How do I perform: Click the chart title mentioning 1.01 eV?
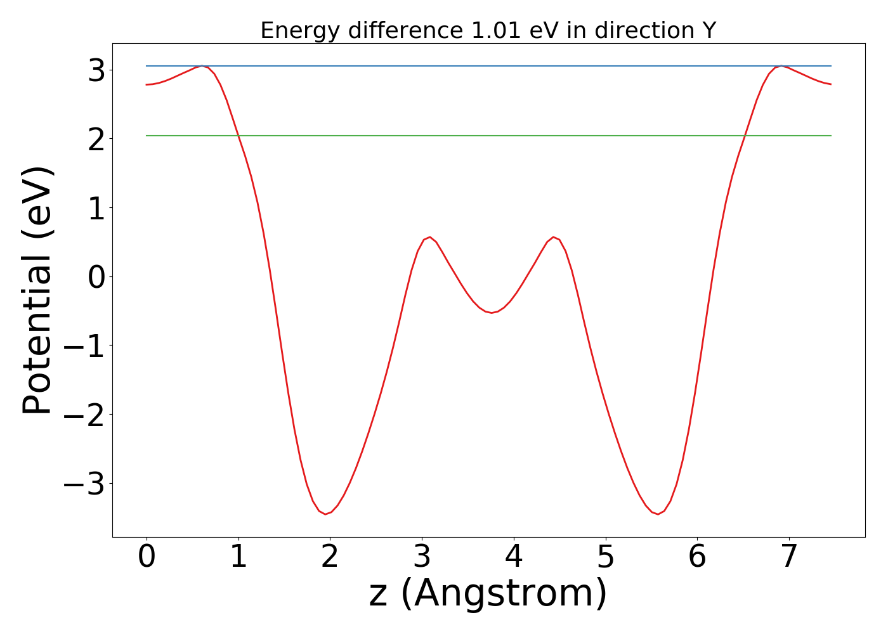pyautogui.click(x=488, y=30)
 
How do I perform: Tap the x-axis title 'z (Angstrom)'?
pyautogui.click(x=488, y=593)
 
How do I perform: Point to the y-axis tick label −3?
pyautogui.click(x=83, y=484)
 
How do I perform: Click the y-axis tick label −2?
pyautogui.click(x=83, y=415)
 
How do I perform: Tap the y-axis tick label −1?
pyautogui.click(x=83, y=346)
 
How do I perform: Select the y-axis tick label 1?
pyautogui.click(x=96, y=208)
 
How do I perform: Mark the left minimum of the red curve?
pyautogui.click(x=325, y=514)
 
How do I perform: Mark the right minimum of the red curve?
pyautogui.click(x=658, y=514)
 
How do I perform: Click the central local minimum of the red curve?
pyautogui.click(x=492, y=313)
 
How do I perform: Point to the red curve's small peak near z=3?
pyautogui.click(x=430, y=237)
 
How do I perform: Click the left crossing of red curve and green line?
pyautogui.click(x=238, y=136)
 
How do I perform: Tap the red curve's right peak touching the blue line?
pyautogui.click(x=781, y=66)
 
